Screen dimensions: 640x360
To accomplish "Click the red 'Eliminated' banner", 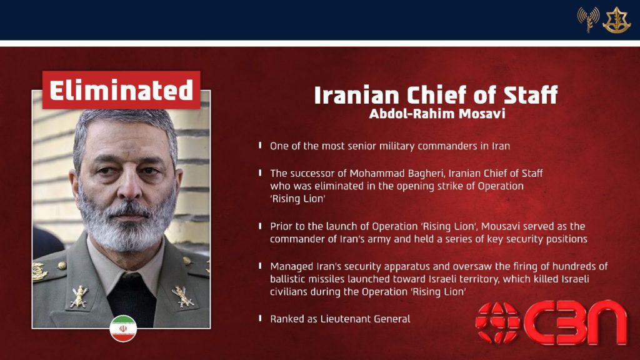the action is (x=121, y=90).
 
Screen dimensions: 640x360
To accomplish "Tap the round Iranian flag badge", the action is (x=123, y=329).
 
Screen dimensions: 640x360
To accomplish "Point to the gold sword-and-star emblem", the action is (x=617, y=19).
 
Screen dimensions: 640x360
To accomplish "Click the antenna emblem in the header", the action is (x=588, y=19).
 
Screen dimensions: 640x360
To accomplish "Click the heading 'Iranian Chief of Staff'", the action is (x=436, y=95).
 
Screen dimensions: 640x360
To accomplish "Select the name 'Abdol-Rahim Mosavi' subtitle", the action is (x=437, y=114).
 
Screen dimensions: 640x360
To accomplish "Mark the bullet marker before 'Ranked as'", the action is (x=260, y=318).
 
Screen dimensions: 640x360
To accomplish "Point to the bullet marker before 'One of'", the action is (x=260, y=145).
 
